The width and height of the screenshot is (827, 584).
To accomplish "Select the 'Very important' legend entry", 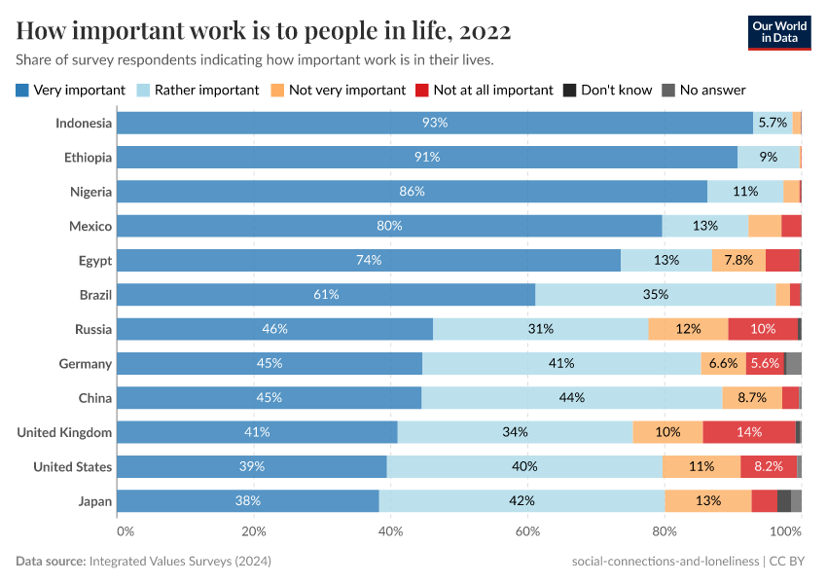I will pos(71,90).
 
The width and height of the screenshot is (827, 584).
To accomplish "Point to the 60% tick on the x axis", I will pos(527,531).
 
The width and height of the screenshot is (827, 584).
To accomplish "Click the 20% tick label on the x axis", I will pos(253,531).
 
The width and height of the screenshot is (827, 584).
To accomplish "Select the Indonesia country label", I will pos(84,123).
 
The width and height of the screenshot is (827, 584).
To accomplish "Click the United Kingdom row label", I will pos(64,432).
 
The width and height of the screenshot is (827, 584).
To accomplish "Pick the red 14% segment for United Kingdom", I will pos(749,432).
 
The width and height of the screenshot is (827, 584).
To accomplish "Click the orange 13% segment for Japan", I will pos(708,501).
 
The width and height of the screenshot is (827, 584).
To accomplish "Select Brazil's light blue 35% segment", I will pos(655,295).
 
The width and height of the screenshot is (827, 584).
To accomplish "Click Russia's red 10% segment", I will pos(763,329).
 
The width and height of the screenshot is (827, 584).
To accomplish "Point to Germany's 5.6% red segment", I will pos(766,364).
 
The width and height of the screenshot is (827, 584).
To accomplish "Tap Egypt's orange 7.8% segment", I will pos(738,261).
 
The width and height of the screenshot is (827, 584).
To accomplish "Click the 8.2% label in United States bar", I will pos(769,467).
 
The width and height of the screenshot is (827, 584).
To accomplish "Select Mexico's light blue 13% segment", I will pos(705,226).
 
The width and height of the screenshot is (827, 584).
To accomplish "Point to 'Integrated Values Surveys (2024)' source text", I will pos(180,562).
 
